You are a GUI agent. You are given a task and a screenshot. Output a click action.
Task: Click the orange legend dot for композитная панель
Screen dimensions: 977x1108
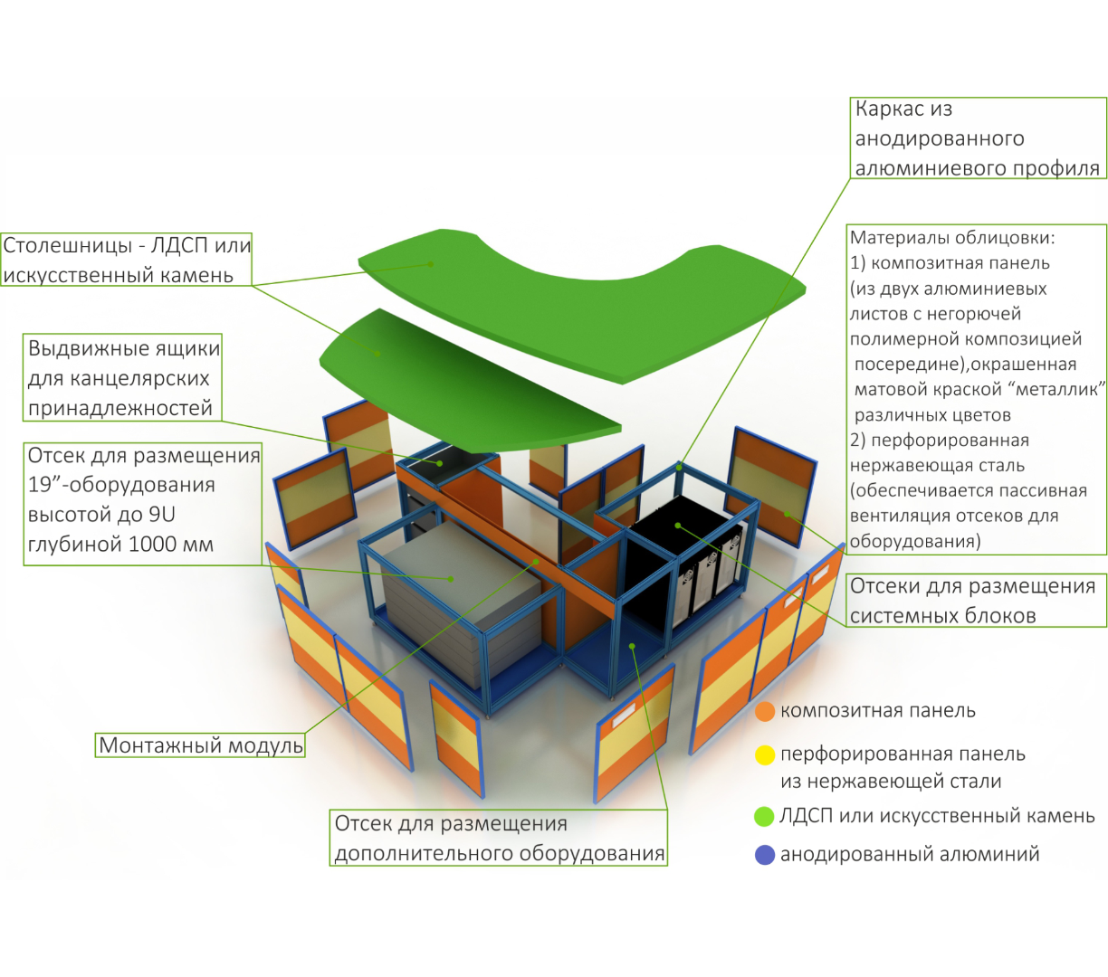click(765, 712)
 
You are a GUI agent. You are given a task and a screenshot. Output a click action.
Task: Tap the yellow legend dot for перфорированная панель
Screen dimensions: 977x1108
click(765, 754)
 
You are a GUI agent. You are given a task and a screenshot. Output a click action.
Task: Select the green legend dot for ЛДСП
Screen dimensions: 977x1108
click(765, 816)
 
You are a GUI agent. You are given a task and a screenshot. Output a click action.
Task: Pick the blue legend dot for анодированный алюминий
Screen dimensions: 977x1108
click(765, 855)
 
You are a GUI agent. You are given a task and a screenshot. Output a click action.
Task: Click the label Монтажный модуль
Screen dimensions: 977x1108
click(201, 745)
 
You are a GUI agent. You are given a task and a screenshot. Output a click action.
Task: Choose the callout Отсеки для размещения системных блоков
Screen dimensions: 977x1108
click(973, 601)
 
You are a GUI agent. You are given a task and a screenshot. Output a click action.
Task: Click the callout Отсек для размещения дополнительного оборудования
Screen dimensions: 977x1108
click(499, 839)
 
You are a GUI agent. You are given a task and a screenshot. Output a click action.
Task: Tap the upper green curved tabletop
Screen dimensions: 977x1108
click(579, 289)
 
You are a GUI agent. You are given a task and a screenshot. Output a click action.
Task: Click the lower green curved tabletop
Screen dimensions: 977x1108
click(453, 380)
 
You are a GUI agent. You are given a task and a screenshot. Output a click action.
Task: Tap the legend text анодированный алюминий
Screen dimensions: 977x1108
click(910, 855)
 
